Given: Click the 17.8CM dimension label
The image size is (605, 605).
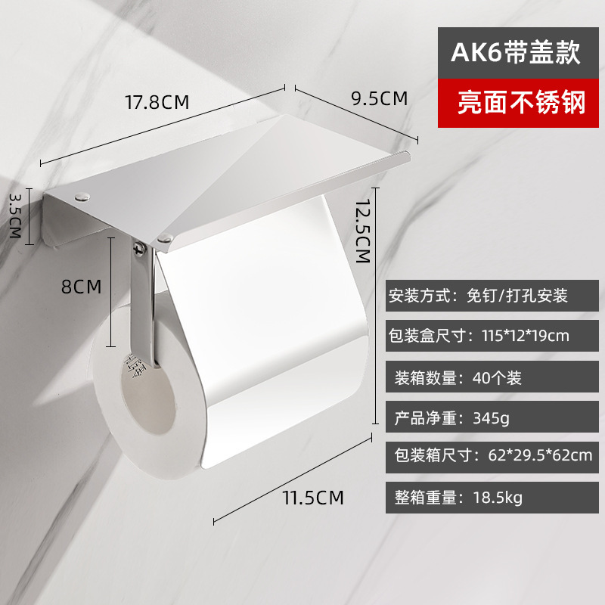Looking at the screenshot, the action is coord(157,102).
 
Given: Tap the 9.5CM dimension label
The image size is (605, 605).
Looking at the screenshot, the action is coord(379,98).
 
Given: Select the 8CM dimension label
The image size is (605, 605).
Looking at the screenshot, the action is coord(81,287).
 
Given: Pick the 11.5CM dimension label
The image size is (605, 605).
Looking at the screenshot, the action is coord(312,498).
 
